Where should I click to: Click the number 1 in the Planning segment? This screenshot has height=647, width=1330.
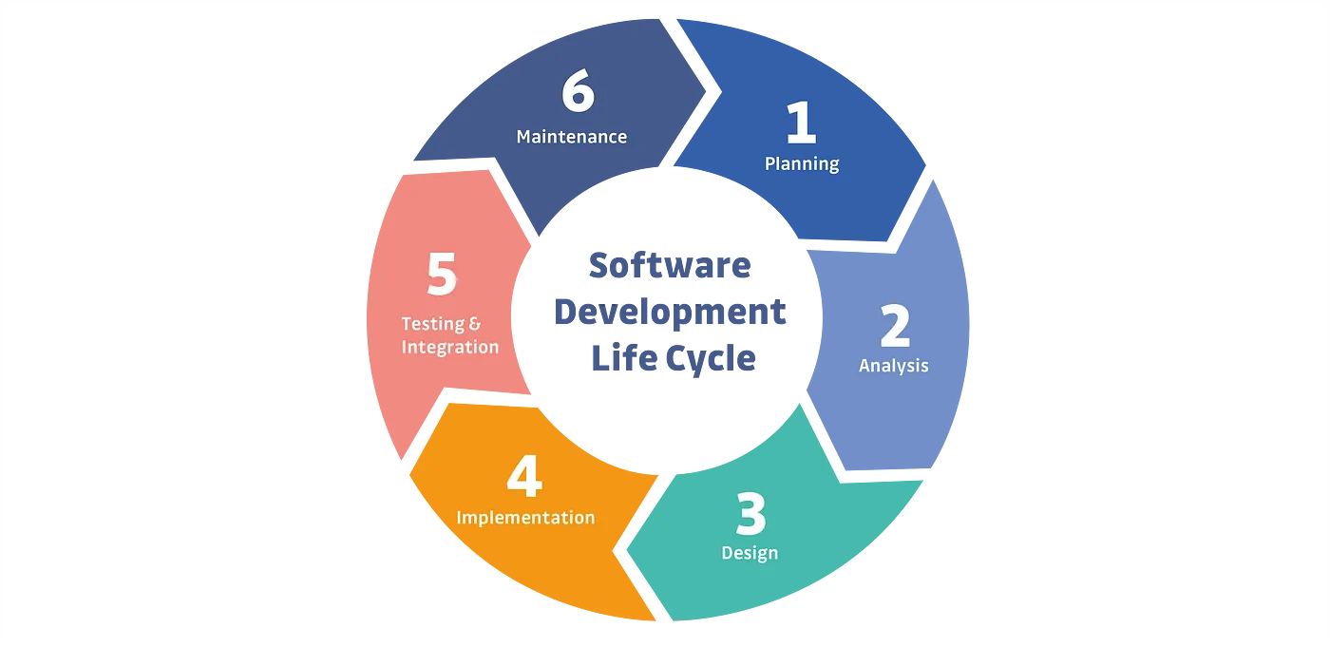(801, 124)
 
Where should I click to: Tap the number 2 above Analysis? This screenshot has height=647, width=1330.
(894, 327)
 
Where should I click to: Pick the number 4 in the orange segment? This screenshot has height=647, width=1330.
(523, 478)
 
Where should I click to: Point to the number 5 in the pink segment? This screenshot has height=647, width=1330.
(442, 276)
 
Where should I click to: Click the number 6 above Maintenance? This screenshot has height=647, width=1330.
(578, 93)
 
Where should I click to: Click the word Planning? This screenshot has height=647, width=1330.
(802, 163)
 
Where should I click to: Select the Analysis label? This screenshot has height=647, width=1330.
(893, 365)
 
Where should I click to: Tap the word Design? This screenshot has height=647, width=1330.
(750, 553)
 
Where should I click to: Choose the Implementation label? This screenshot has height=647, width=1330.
(525, 518)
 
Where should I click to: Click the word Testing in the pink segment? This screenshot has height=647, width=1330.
(433, 324)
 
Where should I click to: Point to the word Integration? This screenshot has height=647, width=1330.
(449, 347)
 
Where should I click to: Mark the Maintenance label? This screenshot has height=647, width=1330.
(571, 137)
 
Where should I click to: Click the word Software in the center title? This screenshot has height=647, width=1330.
(669, 266)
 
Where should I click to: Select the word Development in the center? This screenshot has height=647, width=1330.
(669, 313)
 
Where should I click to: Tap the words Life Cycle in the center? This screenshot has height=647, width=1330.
(674, 358)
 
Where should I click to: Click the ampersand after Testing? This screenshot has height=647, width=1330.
(476, 324)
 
